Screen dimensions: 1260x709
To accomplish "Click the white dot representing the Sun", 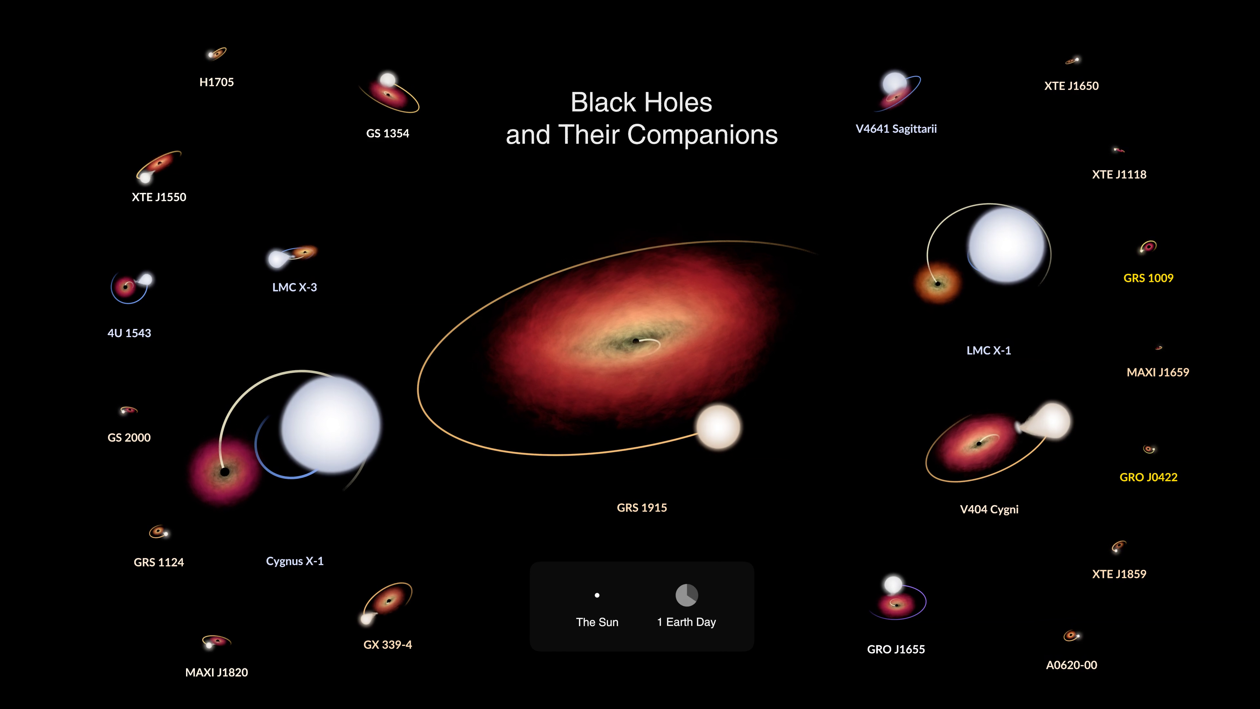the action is (x=597, y=595).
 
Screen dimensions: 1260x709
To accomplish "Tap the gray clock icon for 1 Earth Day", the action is (x=687, y=595).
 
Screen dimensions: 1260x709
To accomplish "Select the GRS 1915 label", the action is (x=642, y=507).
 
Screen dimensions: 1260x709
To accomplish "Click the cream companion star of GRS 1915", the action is (x=718, y=427).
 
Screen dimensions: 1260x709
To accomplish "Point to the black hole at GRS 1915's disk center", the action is (x=635, y=341).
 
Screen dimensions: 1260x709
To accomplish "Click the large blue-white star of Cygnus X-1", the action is (x=331, y=424).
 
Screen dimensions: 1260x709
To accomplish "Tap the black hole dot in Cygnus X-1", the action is (x=224, y=472).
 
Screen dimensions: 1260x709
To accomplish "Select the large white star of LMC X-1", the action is (x=1007, y=245).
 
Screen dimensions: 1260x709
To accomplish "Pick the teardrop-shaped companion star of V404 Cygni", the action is (x=1047, y=421).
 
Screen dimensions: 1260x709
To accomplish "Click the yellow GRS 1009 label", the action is (x=1148, y=278).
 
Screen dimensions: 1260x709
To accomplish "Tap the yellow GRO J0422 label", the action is (x=1148, y=477).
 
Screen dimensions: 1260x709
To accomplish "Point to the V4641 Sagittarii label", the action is (x=896, y=129).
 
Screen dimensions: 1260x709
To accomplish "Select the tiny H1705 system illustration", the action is (x=217, y=53).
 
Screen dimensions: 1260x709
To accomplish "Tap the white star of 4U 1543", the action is (x=146, y=279).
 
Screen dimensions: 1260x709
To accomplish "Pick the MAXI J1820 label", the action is (x=216, y=672).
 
